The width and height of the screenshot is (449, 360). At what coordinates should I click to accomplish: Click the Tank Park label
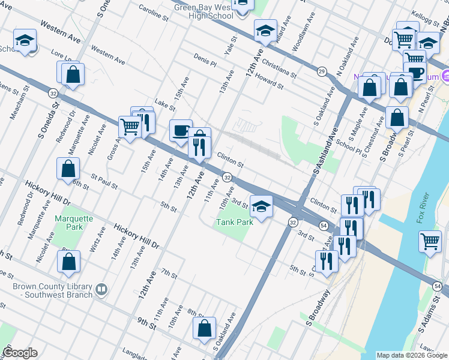pos(235,221)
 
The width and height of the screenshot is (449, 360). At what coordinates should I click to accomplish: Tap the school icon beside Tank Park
pos(261,207)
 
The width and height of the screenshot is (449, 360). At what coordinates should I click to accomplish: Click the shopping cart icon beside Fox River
pos(430,242)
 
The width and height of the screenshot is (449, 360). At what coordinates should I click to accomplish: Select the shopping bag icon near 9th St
pos(204,328)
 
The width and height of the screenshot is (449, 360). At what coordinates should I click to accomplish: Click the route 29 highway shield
pos(322,71)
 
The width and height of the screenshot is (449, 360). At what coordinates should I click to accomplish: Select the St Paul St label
pos(104,180)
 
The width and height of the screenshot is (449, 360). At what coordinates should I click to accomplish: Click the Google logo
pos(20,353)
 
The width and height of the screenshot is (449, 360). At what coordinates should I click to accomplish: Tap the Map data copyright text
pos(412,355)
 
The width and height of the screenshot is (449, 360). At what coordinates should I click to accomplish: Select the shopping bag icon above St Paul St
pos(68,169)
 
